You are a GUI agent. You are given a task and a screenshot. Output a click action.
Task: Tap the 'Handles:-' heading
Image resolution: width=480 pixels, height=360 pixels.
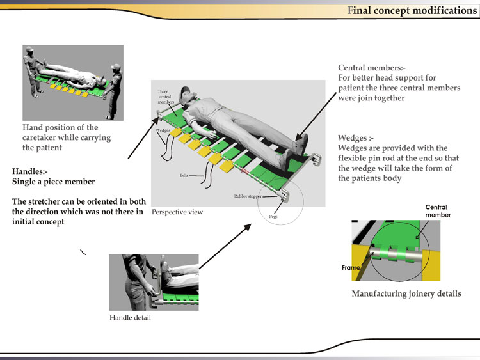pos(32,171)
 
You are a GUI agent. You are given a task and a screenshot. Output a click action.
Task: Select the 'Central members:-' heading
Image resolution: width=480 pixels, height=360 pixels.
pos(372,67)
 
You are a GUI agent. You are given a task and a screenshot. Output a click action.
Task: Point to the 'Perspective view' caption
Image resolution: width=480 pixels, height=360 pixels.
pos(177,212)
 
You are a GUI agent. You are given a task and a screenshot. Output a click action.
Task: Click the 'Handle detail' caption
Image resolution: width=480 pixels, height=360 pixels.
pos(130,318)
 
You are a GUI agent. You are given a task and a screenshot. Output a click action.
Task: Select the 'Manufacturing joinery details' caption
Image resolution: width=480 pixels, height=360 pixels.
pos(406,293)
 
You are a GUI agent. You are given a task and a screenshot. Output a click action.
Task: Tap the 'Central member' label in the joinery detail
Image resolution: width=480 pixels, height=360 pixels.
pos(438,211)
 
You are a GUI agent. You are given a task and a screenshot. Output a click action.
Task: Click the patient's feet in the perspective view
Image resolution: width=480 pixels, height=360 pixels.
pos(301,144)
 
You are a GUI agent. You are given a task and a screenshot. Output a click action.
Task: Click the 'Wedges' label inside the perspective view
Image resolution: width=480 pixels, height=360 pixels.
pos(162,130)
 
